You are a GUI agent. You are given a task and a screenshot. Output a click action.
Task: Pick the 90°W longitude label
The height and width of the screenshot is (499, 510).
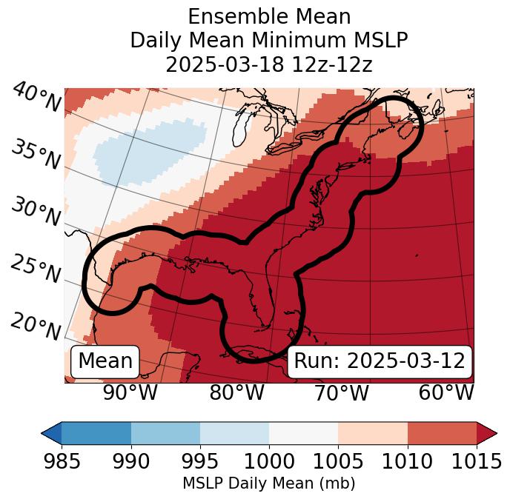coord(130,392)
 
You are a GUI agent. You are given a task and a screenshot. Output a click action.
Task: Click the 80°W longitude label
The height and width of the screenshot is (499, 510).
coord(236,392)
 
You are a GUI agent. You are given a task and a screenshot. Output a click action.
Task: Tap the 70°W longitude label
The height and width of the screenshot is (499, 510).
coord(341,392)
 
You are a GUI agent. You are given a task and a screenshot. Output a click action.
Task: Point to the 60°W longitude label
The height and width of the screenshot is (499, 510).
coord(446,392)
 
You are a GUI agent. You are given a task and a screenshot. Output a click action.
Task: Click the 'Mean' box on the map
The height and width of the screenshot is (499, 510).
coord(105,361)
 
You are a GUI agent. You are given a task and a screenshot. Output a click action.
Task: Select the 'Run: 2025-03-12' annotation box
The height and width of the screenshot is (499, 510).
coord(380,361)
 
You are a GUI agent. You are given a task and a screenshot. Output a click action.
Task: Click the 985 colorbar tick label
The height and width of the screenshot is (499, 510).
coord(62,462)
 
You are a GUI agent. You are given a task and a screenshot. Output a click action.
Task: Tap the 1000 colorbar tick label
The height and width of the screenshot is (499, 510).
coord(269,462)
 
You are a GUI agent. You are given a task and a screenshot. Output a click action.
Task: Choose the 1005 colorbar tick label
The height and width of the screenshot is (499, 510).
coord(338,462)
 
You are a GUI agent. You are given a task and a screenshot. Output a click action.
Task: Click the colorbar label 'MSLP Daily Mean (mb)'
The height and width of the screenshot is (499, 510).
coord(269,484)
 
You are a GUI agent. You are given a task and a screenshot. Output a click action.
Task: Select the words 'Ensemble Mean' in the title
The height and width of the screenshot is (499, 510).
coord(269,16)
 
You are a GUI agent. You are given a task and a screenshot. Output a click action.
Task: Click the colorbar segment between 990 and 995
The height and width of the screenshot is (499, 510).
coord(165,432)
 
